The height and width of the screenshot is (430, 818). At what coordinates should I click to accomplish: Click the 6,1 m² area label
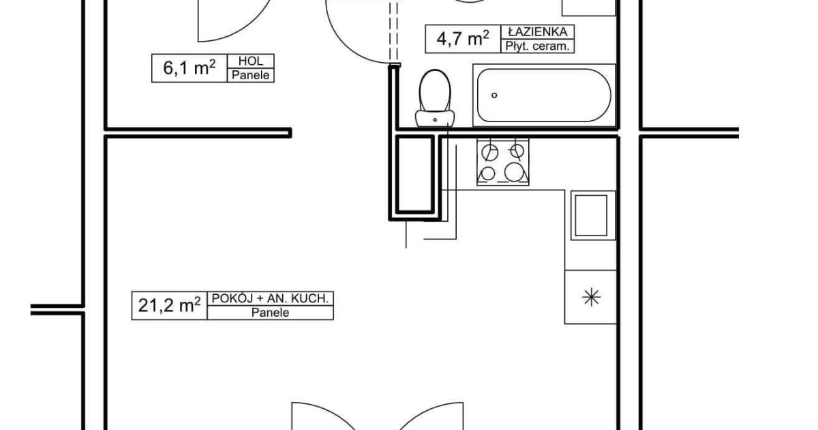pyautogui.click(x=190, y=68)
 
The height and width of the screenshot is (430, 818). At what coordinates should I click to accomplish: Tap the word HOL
pyautogui.click(x=251, y=61)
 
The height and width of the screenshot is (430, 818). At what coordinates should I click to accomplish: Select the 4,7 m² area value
pyautogui.click(x=463, y=38)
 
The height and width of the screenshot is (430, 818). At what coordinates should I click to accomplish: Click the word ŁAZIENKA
pyautogui.click(x=538, y=32)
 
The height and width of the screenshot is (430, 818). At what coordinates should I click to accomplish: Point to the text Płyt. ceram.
pyautogui.click(x=538, y=46)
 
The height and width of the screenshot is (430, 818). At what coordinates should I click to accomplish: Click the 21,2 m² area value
pyautogui.click(x=170, y=305)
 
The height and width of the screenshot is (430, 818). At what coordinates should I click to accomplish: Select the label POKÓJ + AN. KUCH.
pyautogui.click(x=270, y=298)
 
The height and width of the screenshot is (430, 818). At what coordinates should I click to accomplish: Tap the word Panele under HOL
pyautogui.click(x=251, y=75)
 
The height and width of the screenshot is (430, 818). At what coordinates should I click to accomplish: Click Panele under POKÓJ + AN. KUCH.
pyautogui.click(x=270, y=313)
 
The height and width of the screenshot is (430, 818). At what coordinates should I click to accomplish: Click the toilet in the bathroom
pyautogui.click(x=435, y=98)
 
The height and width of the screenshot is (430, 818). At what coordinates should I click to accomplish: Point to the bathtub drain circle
pyautogui.click(x=494, y=95)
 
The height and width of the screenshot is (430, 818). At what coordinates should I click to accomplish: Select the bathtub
pyautogui.click(x=544, y=96)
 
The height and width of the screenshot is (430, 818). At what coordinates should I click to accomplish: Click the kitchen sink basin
pyautogui.click(x=591, y=216)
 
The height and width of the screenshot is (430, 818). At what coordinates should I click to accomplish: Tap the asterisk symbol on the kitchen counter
pyautogui.click(x=591, y=297)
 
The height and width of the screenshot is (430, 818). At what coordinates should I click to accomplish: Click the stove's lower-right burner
pyautogui.click(x=514, y=172)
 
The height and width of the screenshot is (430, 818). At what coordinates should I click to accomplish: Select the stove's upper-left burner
pyautogui.click(x=489, y=152)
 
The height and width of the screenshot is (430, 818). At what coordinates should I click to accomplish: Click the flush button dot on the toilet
pyautogui.click(x=435, y=119)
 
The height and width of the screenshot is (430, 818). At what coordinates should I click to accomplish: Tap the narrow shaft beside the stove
pyautogui.click(x=415, y=175)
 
